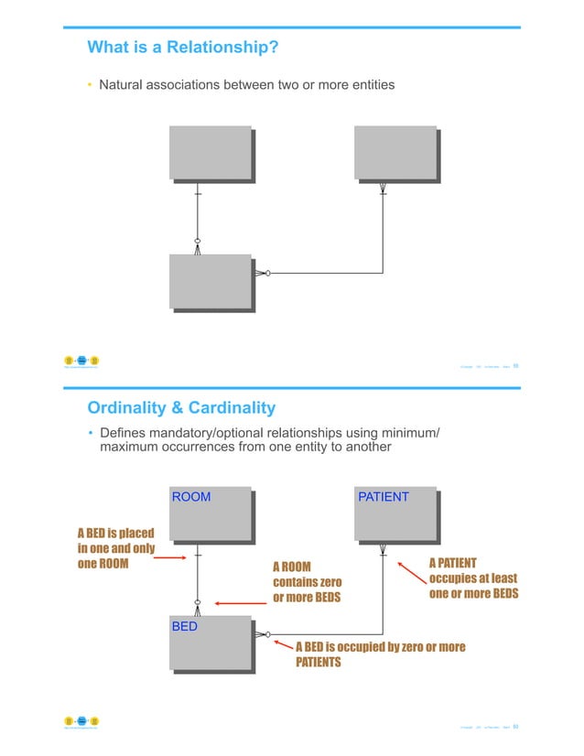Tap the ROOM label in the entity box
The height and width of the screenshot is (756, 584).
point(191,497)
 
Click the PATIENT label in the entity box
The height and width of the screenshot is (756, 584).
point(384,497)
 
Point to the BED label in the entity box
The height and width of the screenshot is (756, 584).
point(185,628)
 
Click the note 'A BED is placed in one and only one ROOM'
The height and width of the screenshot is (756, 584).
point(116,548)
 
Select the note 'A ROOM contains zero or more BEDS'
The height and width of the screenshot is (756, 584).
point(307,582)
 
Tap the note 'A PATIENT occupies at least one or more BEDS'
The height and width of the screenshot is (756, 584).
point(473,578)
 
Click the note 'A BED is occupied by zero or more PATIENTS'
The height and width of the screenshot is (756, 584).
point(379,653)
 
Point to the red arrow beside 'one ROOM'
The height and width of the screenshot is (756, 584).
point(173,564)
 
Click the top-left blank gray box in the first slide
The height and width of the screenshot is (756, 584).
point(210,153)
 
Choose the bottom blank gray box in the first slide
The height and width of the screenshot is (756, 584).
point(210,282)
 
